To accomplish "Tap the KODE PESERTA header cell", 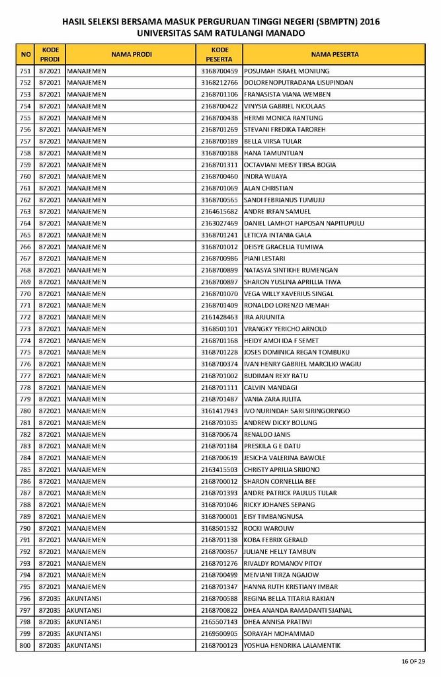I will [220, 54].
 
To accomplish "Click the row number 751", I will [25, 71].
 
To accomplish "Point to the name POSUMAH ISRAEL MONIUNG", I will [286, 71].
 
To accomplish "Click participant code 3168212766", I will [220, 83].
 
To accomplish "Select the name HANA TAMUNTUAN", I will [273, 153].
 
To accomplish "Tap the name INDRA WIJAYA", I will [265, 177].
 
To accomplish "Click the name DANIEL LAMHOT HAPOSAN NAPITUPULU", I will [303, 223].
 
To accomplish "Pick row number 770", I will [25, 294].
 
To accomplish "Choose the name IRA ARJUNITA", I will [264, 317].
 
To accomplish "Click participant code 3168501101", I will [220, 329].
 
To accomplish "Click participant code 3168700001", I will [220, 516].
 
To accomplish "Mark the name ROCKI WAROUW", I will [268, 528].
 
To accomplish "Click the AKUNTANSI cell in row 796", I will [84, 598].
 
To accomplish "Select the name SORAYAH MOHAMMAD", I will [278, 633].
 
